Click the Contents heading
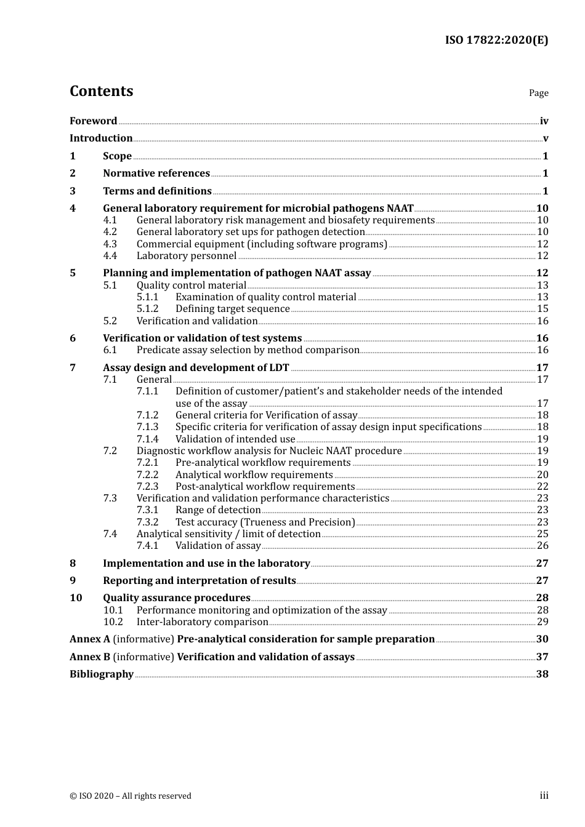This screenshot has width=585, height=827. click(101, 91)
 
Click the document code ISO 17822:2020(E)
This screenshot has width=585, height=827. click(496, 41)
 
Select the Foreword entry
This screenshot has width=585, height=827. click(93, 121)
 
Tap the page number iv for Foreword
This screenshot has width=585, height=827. click(544, 121)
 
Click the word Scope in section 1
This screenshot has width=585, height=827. click(117, 156)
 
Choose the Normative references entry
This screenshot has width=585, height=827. click(156, 174)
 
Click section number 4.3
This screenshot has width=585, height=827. click(110, 244)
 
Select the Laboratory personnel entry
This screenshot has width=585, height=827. click(187, 256)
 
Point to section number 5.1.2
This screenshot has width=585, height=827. click(147, 309)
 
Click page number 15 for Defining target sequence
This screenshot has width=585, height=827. click(543, 309)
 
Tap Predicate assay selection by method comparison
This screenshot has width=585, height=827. click(248, 350)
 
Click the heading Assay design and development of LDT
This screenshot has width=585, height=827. click(196, 368)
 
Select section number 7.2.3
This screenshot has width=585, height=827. click(147, 487)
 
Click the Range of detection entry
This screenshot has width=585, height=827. click(218, 510)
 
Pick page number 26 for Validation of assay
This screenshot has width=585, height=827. click(543, 546)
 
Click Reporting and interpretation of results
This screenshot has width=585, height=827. click(200, 581)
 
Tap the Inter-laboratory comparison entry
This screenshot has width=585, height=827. click(202, 622)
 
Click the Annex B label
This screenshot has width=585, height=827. click(90, 657)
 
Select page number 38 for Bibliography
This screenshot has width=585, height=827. click(542, 674)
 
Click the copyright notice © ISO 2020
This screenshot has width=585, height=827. click(131, 796)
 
